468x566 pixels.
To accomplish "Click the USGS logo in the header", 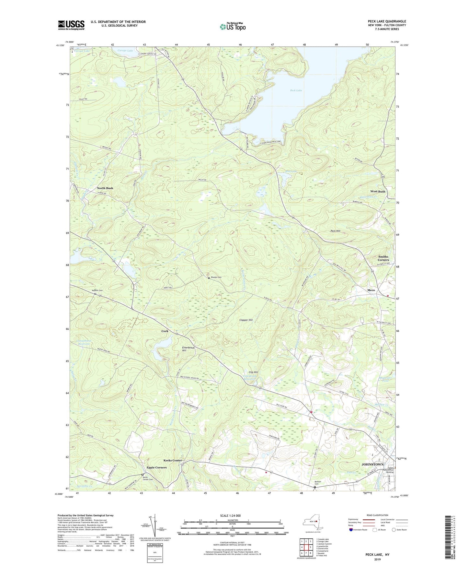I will tap(71, 25).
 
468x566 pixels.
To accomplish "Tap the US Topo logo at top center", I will tap(232, 27).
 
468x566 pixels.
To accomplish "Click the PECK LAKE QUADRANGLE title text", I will tap(387, 21).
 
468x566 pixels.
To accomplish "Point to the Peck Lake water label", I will tap(296, 90).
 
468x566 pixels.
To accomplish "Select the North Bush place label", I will tap(105, 188).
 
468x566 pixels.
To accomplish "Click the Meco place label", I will tap(371, 290).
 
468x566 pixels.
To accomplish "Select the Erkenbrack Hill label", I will tap(188, 349).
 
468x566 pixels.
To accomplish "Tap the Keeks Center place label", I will tap(173, 460).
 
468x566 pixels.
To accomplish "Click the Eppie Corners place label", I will tap(156, 467).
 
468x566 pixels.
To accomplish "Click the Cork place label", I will tap(165, 331).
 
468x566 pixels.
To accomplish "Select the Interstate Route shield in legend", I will tap(351, 530).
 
